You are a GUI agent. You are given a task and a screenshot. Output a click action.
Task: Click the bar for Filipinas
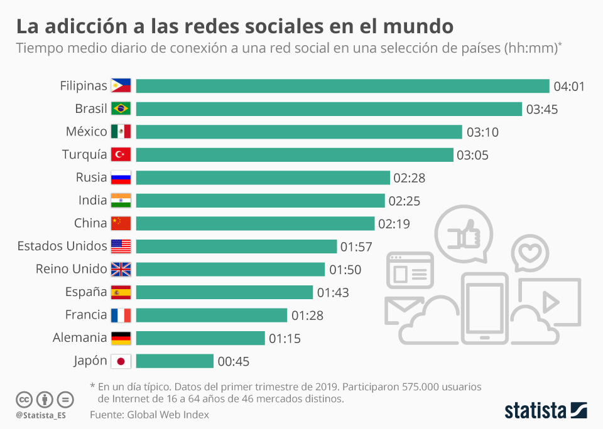[x=342, y=86]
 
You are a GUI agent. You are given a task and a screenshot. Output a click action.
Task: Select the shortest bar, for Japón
[x=175, y=361]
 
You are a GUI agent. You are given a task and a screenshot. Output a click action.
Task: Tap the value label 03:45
[x=542, y=109]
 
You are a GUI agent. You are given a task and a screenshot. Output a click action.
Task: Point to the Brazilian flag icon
[x=121, y=109]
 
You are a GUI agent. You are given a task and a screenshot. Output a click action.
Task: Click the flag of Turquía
[x=121, y=154]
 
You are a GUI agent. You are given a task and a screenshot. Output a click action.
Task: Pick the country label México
[x=87, y=132]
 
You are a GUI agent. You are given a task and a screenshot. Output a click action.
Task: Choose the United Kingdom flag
[x=121, y=269]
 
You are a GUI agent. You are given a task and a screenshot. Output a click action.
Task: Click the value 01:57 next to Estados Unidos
[x=356, y=246]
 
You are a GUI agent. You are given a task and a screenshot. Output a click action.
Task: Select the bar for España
[x=224, y=292]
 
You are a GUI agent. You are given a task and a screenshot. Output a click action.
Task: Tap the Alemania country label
[x=80, y=338]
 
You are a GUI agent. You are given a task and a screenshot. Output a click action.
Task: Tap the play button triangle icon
[x=551, y=302]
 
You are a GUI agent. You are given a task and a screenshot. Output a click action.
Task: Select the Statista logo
[x=546, y=410]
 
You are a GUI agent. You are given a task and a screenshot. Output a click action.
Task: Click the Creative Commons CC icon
[x=24, y=400]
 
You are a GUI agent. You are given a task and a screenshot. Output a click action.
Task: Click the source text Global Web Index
[x=168, y=415]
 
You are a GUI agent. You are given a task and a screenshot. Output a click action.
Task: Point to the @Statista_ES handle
[x=41, y=415]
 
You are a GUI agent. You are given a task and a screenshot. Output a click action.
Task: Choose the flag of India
[x=121, y=201]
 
